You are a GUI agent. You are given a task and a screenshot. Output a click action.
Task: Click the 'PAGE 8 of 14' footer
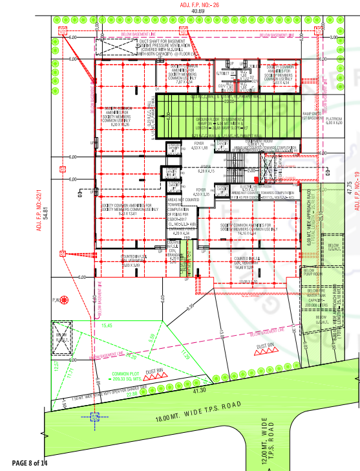point(30,463)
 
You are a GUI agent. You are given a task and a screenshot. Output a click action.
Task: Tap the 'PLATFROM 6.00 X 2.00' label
point(334,121)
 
